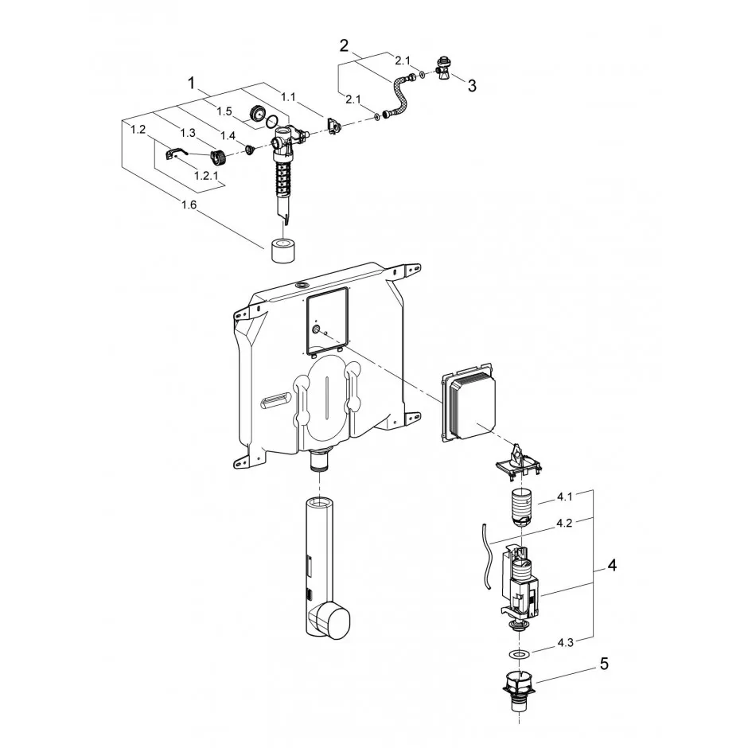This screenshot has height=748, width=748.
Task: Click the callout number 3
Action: tap(471, 86)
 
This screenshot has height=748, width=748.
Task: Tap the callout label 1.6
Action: tap(189, 205)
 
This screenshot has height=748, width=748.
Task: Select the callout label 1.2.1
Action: tap(206, 176)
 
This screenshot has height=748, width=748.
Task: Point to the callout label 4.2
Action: tap(564, 523)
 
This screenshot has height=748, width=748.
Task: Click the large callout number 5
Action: tap(604, 664)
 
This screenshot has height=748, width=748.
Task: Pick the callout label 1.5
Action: tap(224, 111)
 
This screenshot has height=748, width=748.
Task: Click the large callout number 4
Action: tap(612, 565)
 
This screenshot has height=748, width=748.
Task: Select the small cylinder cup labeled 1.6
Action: tap(282, 250)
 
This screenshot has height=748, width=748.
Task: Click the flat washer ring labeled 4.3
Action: tap(517, 653)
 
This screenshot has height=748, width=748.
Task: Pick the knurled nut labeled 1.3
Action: tap(219, 154)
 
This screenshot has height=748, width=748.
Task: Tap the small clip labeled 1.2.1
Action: tap(173, 153)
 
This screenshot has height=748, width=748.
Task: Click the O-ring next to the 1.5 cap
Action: tap(271, 121)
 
